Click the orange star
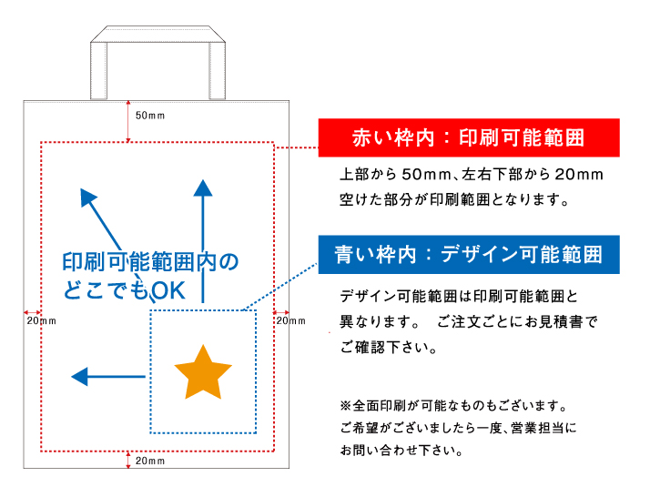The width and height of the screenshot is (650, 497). [x=203, y=373]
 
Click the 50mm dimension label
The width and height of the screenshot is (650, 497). [x=150, y=116]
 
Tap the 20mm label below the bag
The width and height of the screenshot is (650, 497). [x=150, y=461]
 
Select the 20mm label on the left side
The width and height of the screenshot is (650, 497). [x=42, y=320]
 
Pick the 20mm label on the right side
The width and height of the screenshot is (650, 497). [x=291, y=320]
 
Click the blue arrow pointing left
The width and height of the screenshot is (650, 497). [x=108, y=376]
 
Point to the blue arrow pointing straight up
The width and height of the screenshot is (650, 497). [x=203, y=241]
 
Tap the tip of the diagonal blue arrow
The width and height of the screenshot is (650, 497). [x=81, y=189]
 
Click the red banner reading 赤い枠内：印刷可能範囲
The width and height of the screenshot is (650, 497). [x=469, y=137]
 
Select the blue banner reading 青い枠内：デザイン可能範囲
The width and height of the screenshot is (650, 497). [x=469, y=255]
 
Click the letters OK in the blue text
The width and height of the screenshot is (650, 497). [x=168, y=291]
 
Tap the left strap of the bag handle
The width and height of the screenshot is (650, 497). [x=98, y=71]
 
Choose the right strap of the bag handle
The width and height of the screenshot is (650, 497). [x=218, y=71]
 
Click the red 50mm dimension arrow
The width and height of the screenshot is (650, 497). [x=128, y=121]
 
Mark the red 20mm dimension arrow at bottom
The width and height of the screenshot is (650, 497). [x=128, y=460]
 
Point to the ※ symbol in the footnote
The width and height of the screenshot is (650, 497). [x=346, y=405]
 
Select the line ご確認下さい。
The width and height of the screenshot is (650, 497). [x=389, y=347]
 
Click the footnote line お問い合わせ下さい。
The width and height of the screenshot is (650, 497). [x=401, y=451]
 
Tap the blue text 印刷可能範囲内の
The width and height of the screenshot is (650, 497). [x=150, y=262]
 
